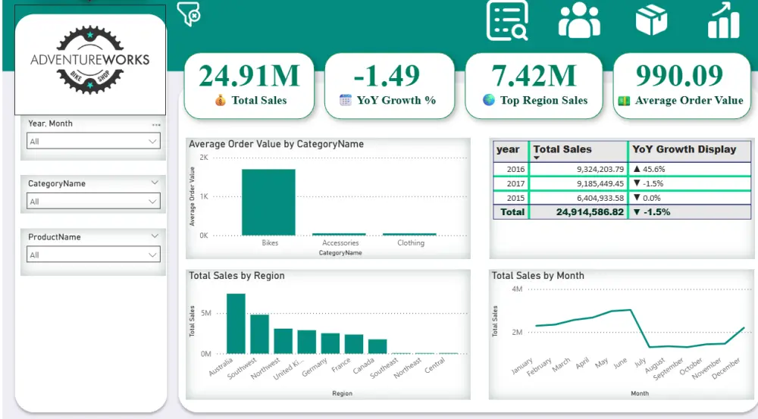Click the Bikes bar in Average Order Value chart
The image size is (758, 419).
(x=268, y=202)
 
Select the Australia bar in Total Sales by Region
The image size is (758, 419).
(x=236, y=324)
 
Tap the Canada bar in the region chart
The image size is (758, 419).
(x=377, y=346)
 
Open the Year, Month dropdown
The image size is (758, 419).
(x=93, y=142)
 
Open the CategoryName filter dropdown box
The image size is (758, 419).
(x=93, y=202)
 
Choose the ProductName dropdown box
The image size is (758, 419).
(x=93, y=255)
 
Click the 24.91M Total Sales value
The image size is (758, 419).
(x=249, y=76)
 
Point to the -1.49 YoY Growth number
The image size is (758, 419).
(x=387, y=76)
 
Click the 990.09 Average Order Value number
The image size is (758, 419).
(x=680, y=76)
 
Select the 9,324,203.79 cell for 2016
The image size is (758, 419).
(x=578, y=169)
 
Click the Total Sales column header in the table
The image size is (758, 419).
(x=562, y=149)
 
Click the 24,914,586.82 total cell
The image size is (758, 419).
(x=578, y=212)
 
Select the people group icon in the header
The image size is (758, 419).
(x=578, y=20)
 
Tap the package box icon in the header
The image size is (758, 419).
(x=651, y=20)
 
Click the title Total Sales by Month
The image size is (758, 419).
(x=537, y=276)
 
